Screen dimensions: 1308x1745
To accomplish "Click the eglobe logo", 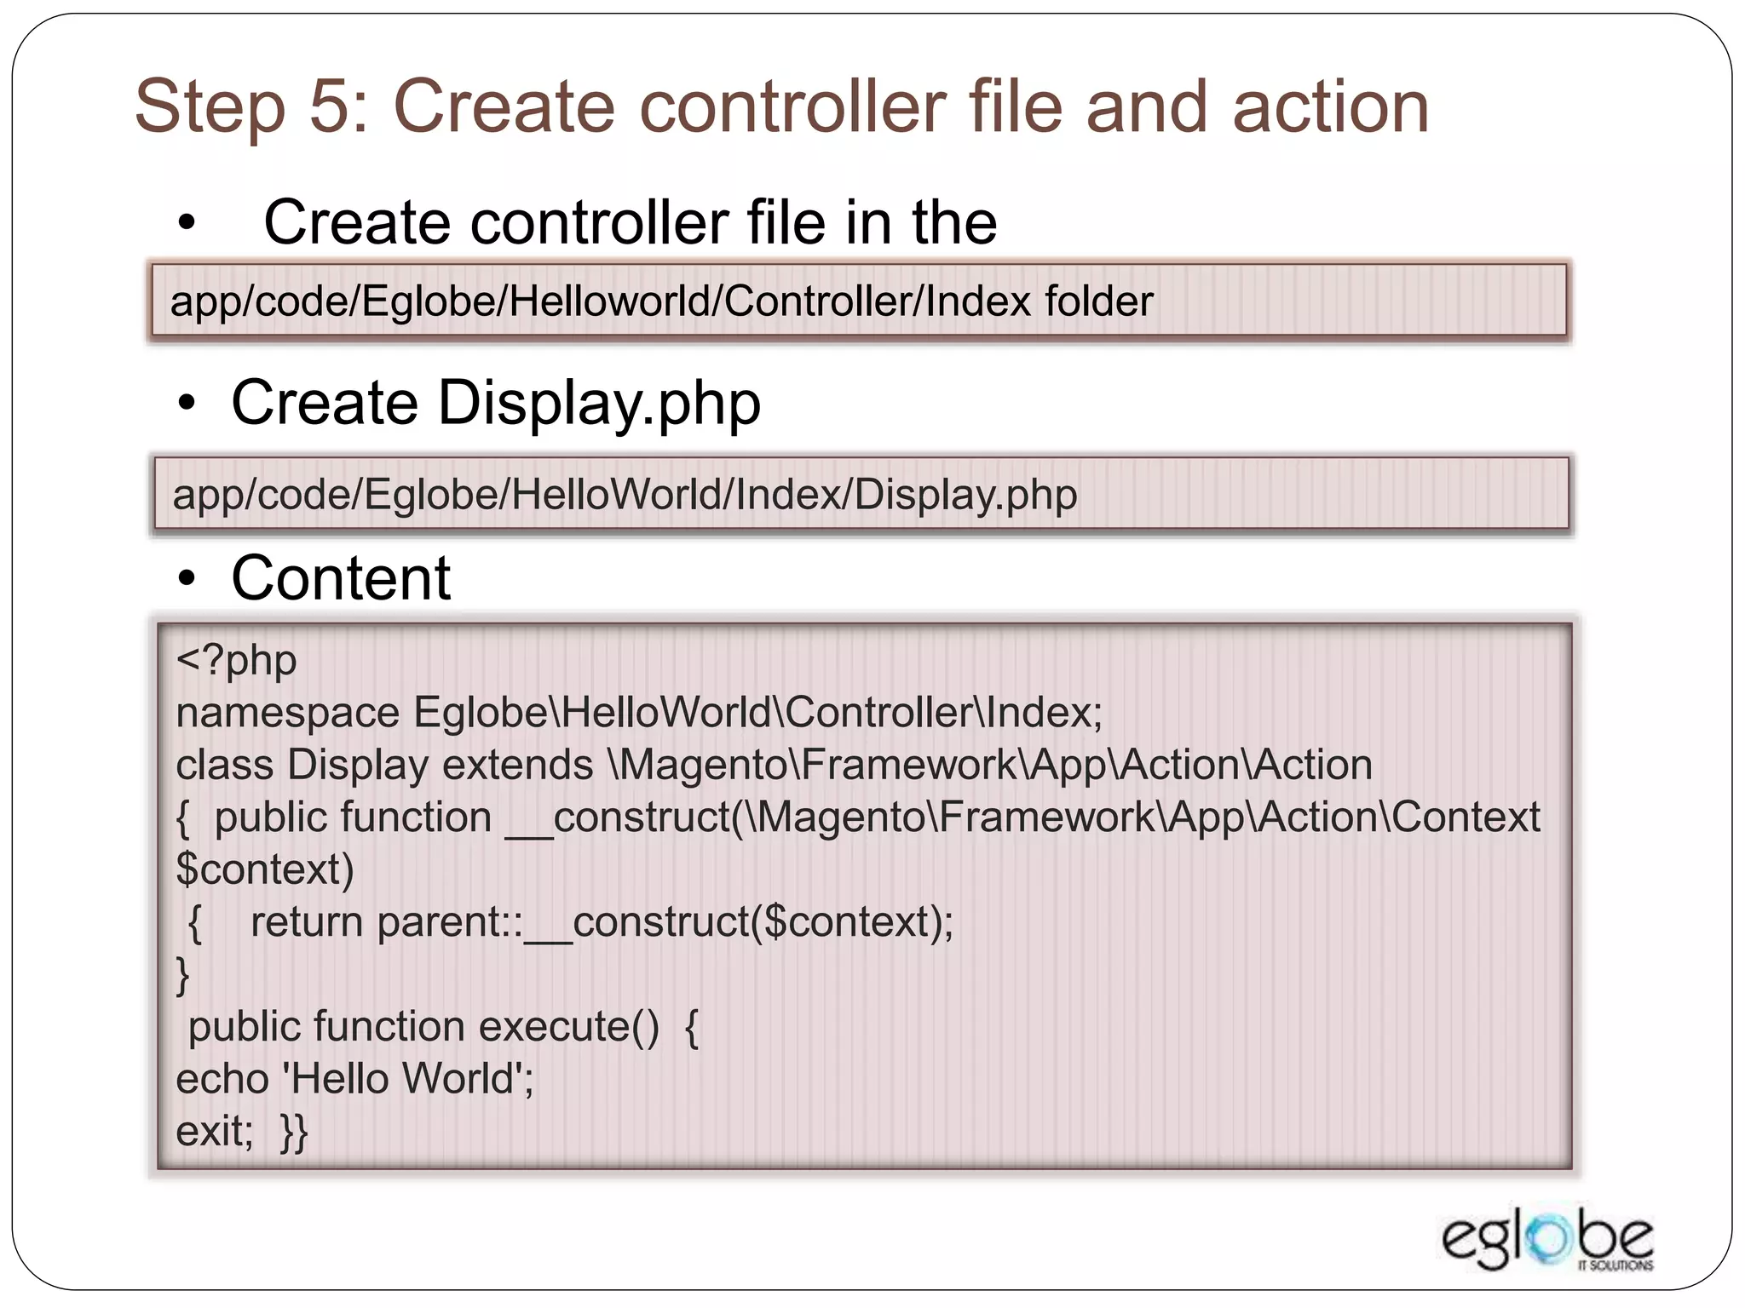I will pyautogui.click(x=1546, y=1241).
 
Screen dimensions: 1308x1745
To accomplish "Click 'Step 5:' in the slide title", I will pyautogui.click(x=252, y=107).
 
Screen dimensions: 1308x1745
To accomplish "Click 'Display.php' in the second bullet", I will pyautogui.click(x=599, y=403).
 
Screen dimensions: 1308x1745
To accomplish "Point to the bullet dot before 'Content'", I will pyautogui.click(x=187, y=580).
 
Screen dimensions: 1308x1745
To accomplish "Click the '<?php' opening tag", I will pyautogui.click(x=236, y=660).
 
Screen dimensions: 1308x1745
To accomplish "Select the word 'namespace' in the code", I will pyautogui.click(x=287, y=713).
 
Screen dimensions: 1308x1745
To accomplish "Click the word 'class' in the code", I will pyautogui.click(x=224, y=765).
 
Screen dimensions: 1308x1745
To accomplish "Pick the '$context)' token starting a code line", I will pyautogui.click(x=264, y=869).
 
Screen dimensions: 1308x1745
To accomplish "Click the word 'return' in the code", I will pyautogui.click(x=307, y=922).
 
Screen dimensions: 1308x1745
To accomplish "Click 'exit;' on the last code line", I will pyautogui.click(x=215, y=1132).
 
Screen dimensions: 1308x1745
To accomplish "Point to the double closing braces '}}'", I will pyautogui.click(x=294, y=1132).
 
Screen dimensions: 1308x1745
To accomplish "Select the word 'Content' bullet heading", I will pyautogui.click(x=341, y=578).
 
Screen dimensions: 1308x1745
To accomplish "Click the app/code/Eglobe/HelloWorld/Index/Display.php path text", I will pyautogui.click(x=625, y=495).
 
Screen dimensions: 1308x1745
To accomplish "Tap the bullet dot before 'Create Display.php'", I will pyautogui.click(x=187, y=404).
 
